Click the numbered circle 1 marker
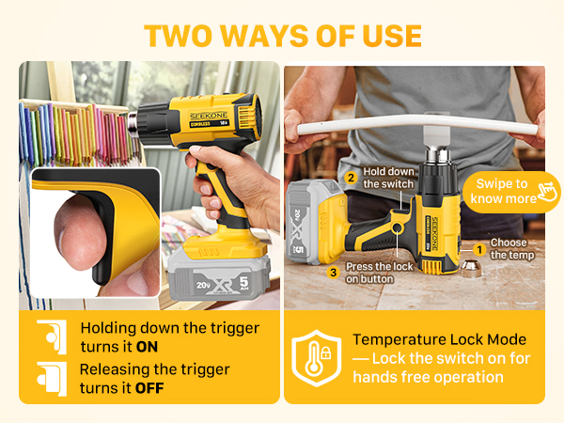click(x=478, y=248)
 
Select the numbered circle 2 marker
click(x=351, y=178)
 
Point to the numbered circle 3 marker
click(x=332, y=273)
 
